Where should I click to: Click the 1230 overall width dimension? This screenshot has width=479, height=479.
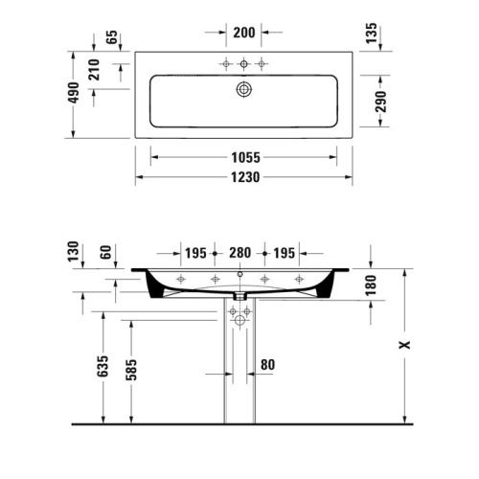pos(243,177)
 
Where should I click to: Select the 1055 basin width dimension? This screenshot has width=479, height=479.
pos(243,157)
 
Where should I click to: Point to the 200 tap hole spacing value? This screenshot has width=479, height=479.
pos(243,32)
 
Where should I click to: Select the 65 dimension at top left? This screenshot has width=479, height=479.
pos(111,38)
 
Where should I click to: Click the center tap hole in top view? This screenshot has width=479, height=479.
pos(243,64)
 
